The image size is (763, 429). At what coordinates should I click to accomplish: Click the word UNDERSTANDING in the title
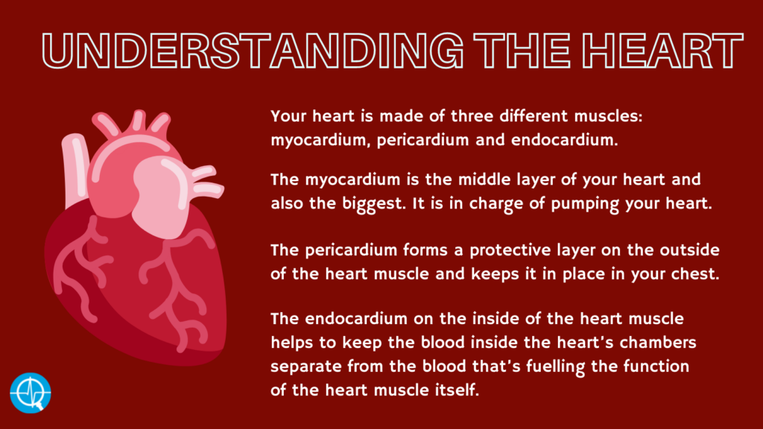(x=253, y=50)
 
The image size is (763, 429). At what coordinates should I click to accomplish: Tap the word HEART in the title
(x=662, y=50)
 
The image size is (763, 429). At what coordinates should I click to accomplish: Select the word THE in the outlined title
(x=522, y=50)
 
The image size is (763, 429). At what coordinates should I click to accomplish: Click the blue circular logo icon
(x=30, y=393)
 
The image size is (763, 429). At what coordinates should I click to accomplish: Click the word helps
(x=292, y=343)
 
